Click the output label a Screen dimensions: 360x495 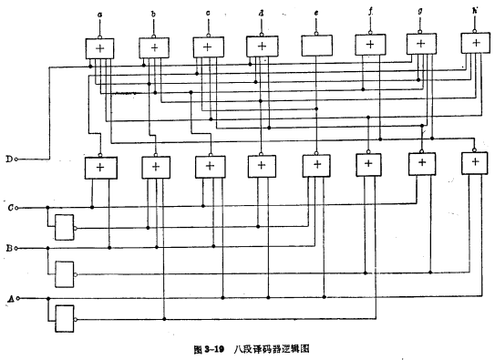[x=99, y=15]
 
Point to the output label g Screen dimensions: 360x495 [x=420, y=15]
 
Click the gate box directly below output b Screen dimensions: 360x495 [x=154, y=46]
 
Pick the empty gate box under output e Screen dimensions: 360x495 [x=315, y=46]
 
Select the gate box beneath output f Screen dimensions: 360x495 [x=370, y=45]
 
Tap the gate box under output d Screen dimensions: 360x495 [x=262, y=46]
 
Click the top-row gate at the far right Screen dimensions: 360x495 [x=475, y=42]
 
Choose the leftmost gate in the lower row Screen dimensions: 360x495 [x=99, y=168]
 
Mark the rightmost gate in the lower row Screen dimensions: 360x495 [x=475, y=163]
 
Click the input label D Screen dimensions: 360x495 [x=9, y=158]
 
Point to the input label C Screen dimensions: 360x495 [x=10, y=207]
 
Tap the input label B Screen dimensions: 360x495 [x=10, y=248]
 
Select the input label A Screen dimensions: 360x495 [x=10, y=298]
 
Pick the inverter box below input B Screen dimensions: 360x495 [x=63, y=272]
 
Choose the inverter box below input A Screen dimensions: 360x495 [x=63, y=317]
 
